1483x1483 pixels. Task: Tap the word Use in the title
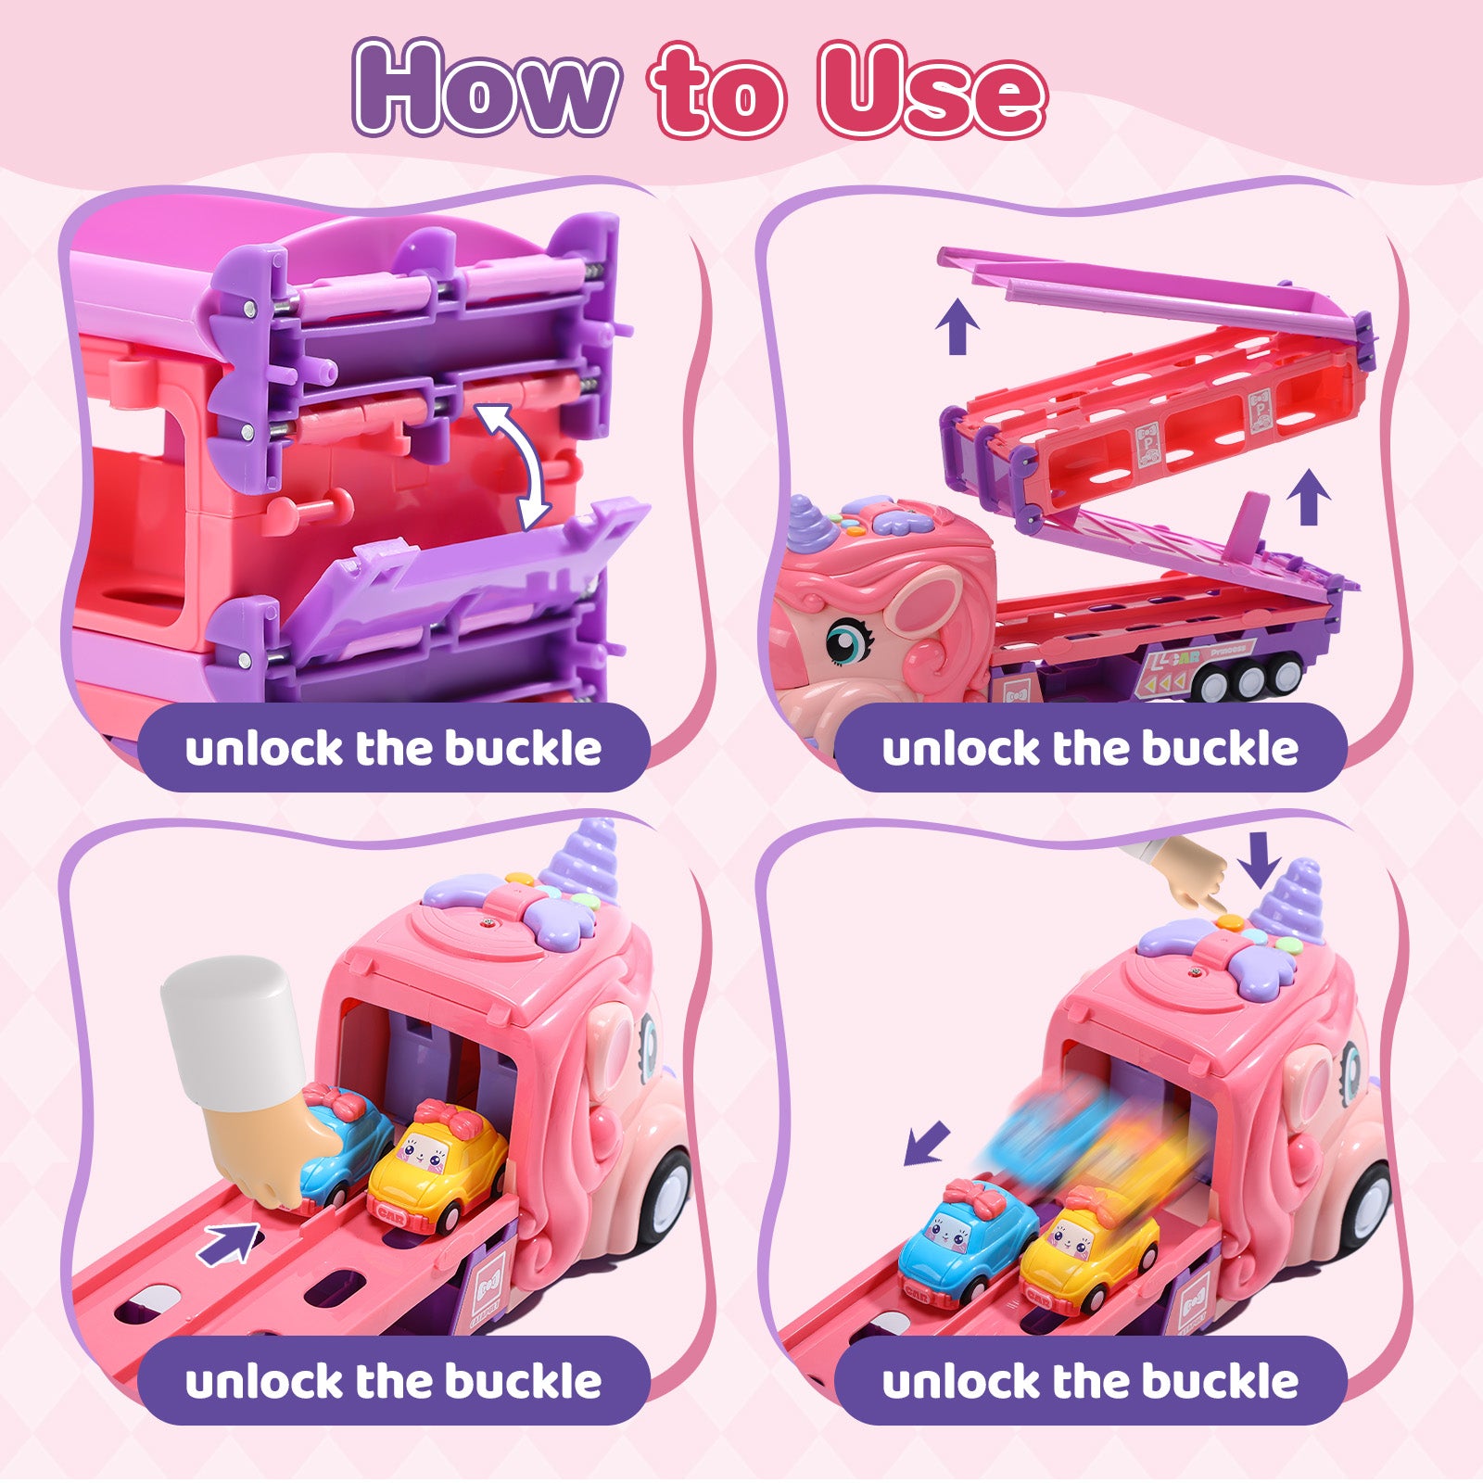point(932,90)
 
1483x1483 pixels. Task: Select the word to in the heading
point(718,93)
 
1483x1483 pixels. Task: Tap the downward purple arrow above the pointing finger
point(1260,859)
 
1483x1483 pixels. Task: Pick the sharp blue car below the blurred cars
point(967,1231)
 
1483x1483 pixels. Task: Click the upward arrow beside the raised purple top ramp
point(957,329)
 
